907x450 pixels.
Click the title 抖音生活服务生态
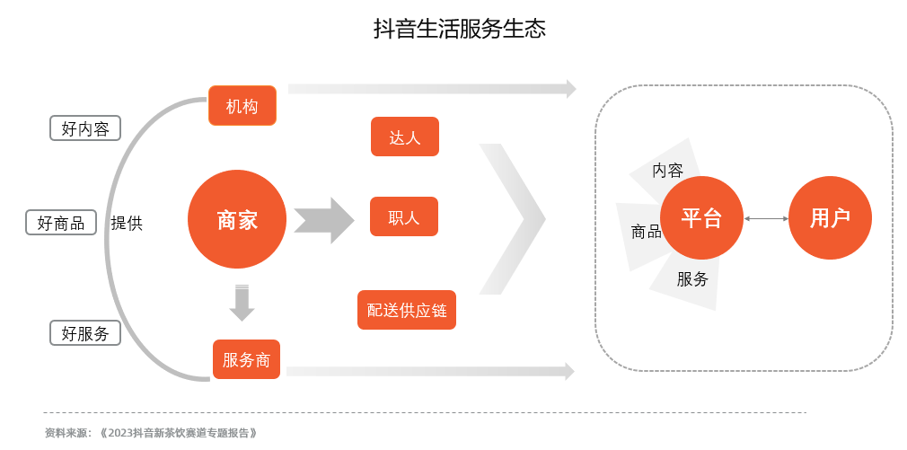(x=459, y=29)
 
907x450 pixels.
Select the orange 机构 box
(x=242, y=106)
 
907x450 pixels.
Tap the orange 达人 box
(x=404, y=137)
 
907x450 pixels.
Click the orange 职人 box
(x=404, y=216)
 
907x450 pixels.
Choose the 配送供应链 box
(x=406, y=310)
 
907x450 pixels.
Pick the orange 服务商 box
(x=246, y=359)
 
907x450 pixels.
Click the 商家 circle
(x=237, y=219)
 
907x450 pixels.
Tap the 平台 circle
(x=701, y=217)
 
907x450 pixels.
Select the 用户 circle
(x=830, y=217)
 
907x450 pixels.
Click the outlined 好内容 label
(x=85, y=128)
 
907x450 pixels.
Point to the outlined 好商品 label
(x=61, y=222)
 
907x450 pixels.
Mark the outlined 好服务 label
(x=85, y=333)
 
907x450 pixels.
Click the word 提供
(x=127, y=223)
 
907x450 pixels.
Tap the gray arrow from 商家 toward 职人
(x=324, y=220)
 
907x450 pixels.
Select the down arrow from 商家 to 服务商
(x=242, y=303)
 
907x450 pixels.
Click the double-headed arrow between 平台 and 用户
(x=765, y=218)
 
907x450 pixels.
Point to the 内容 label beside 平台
(x=667, y=170)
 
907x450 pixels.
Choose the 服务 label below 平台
(x=692, y=278)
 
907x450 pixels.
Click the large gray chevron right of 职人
(x=512, y=218)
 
